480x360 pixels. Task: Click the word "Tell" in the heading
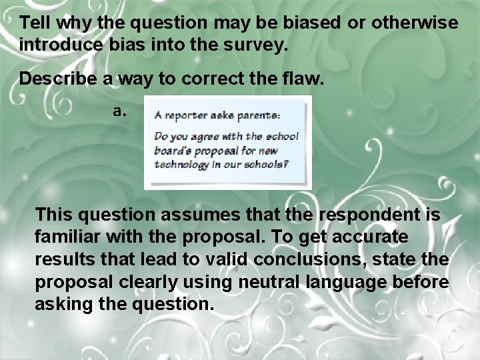35,23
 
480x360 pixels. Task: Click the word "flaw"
304,79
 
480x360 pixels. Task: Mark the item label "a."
120,111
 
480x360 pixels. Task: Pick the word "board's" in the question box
171,151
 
